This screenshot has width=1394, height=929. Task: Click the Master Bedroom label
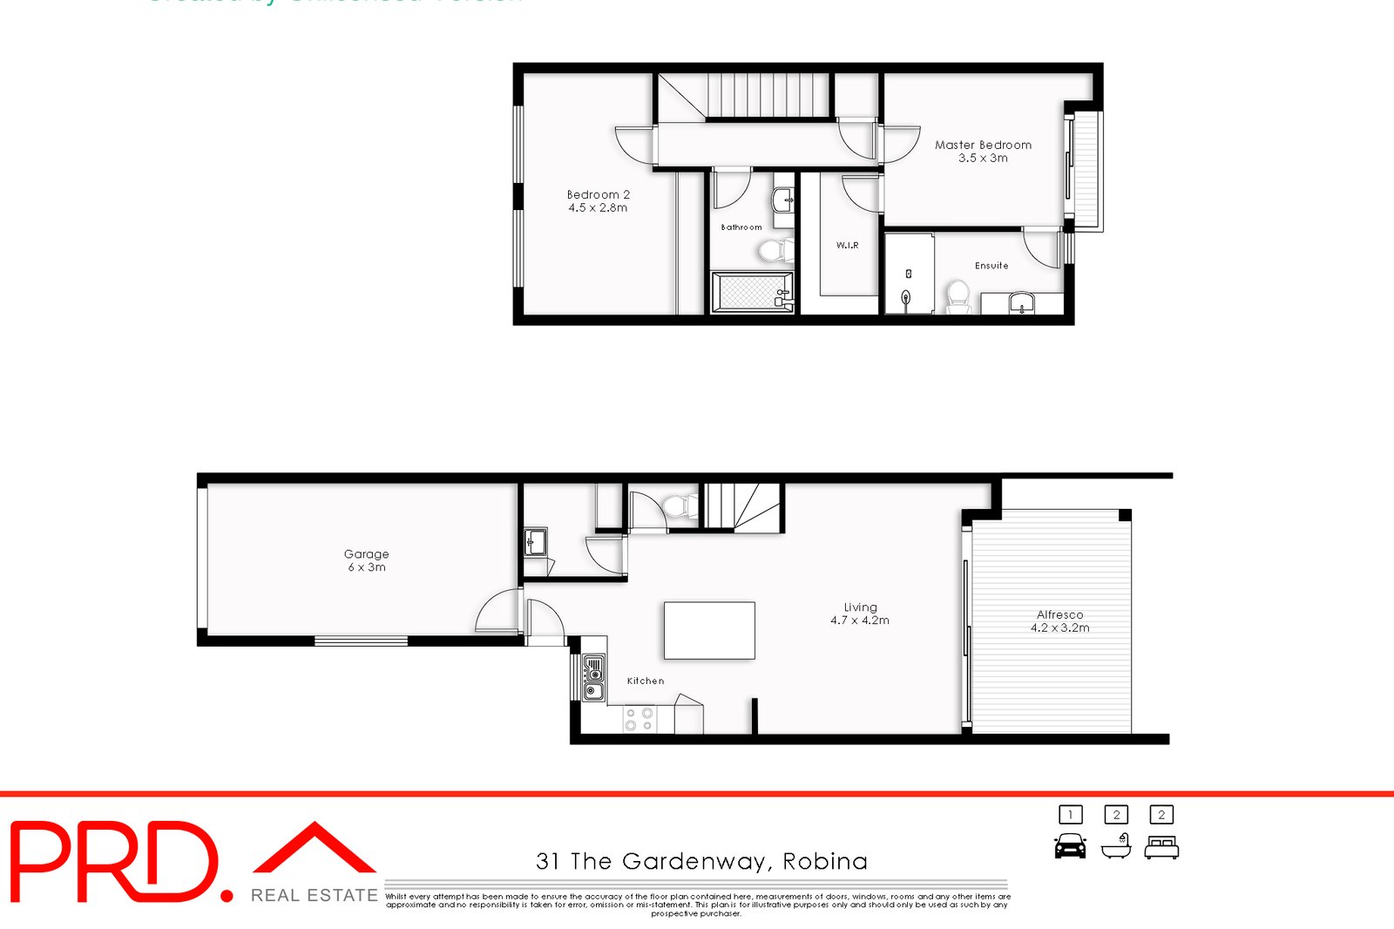tap(983, 146)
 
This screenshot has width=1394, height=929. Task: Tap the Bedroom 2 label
tap(598, 195)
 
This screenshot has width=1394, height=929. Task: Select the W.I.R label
tap(847, 246)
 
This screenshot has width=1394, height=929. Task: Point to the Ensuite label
tap(991, 266)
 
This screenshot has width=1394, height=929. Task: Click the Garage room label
tap(366, 554)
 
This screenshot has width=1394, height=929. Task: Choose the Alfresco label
tap(1059, 614)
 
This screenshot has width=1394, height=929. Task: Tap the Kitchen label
tap(646, 681)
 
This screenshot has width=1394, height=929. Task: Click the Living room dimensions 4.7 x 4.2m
tap(860, 620)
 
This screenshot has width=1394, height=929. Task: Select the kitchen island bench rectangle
tap(709, 630)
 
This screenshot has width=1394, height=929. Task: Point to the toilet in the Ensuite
tap(958, 296)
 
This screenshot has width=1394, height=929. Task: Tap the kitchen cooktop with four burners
tap(639, 719)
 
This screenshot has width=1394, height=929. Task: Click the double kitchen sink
tap(593, 680)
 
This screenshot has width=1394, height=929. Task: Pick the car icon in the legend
tap(1070, 846)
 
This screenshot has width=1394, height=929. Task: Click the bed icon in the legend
tap(1161, 846)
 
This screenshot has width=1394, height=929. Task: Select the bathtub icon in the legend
tap(1115, 846)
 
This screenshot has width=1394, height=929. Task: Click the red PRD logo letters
tap(113, 862)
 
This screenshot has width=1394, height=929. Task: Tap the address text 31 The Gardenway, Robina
tap(701, 862)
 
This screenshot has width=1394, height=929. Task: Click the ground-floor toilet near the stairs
tap(679, 506)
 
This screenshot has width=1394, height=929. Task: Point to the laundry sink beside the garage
tap(535, 542)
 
